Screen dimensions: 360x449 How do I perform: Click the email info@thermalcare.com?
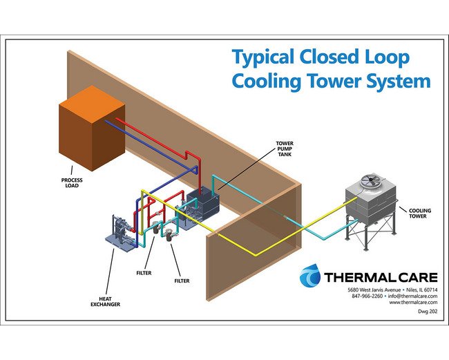[412, 296]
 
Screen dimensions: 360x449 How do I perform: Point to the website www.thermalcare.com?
[414, 303]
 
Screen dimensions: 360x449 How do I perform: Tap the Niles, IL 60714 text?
[421, 289]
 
